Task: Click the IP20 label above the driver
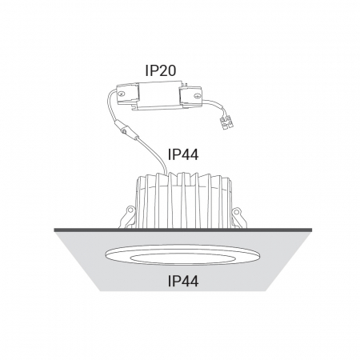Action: point(161,70)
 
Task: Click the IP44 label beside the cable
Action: point(183,154)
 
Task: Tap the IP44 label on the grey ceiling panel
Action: point(183,281)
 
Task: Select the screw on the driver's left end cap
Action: point(122,94)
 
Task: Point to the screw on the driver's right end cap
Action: point(197,95)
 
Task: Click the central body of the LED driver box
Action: point(159,94)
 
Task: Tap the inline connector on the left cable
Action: point(124,130)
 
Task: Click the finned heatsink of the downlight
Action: point(183,201)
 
